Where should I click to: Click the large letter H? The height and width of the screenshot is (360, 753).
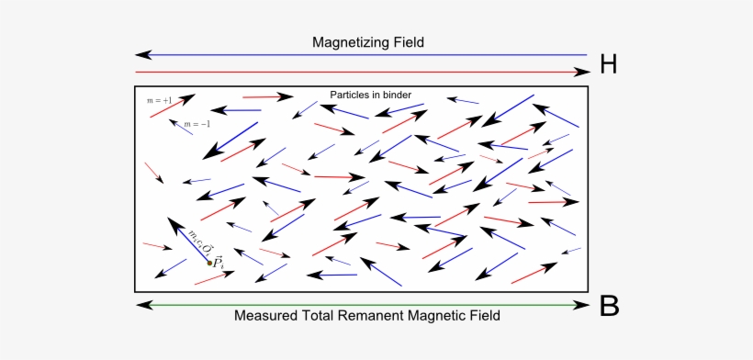[x=609, y=64]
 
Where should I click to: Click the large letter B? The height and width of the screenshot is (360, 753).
[x=609, y=306]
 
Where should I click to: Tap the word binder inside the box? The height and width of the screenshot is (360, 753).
[x=396, y=95]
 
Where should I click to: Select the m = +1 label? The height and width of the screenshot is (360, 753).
[x=160, y=98]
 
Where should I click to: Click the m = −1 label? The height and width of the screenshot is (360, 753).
[x=197, y=124]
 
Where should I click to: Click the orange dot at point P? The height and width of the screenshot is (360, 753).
[x=209, y=263]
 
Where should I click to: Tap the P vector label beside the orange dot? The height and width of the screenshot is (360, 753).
[x=219, y=263]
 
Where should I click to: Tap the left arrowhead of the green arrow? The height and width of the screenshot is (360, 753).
[x=140, y=304]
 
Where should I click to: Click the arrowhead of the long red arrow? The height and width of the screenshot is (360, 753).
[x=581, y=72]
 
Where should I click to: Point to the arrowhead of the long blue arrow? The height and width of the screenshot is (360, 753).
[x=140, y=56]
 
